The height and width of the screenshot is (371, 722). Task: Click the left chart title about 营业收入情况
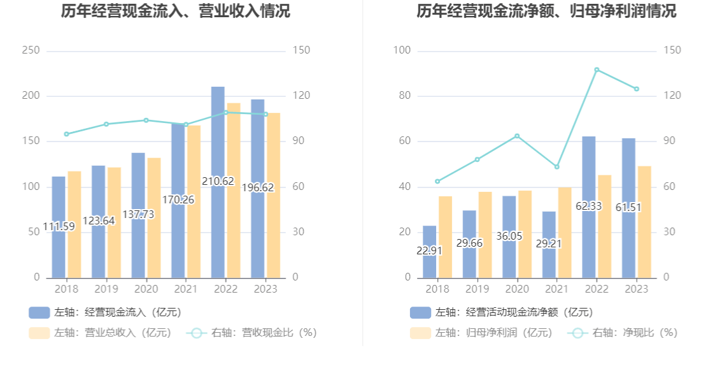point(176,11)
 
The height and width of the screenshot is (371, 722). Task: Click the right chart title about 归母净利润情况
point(546,11)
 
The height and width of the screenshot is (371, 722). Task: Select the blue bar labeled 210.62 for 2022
point(218,140)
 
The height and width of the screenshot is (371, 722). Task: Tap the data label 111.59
point(59,226)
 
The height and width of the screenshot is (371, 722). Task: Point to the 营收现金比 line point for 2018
point(66,134)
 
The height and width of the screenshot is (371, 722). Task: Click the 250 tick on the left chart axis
point(31,50)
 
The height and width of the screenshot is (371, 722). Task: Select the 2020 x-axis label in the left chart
point(146,289)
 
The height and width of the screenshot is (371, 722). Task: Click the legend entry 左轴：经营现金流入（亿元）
point(105,312)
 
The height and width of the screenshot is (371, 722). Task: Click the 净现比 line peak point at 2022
point(597,69)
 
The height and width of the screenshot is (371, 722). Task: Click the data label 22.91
point(430,251)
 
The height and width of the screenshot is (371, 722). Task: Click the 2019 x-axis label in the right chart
point(477,289)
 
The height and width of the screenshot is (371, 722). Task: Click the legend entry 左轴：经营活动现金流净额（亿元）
point(502,312)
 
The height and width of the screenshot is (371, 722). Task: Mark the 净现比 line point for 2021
point(556,167)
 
